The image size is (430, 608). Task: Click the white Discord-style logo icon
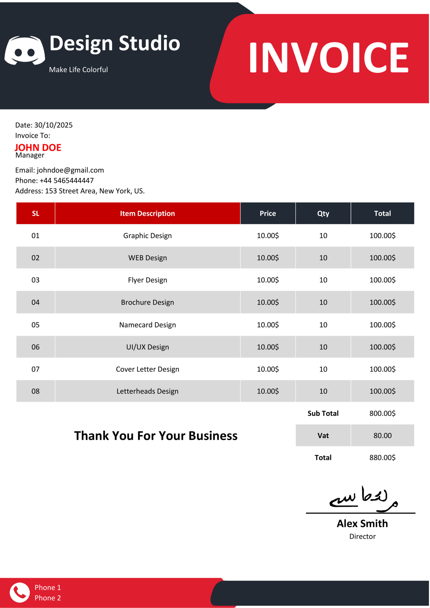(25, 50)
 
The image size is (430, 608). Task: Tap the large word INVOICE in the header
(329, 57)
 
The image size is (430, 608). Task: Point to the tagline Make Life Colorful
(78, 70)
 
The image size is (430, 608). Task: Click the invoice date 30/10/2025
(53, 125)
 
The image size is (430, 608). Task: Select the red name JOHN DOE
(38, 147)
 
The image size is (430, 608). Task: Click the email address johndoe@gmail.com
(70, 170)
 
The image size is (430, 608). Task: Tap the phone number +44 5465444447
(67, 180)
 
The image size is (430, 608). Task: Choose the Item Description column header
(147, 214)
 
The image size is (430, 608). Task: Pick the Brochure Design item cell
(147, 302)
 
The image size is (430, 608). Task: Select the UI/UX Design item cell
(147, 347)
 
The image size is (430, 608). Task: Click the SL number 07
(35, 369)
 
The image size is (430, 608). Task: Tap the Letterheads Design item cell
(147, 391)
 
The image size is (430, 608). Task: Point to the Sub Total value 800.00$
(382, 413)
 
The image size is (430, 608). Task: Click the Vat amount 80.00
(382, 436)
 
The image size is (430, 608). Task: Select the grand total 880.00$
(382, 458)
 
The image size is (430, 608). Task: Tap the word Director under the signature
(363, 537)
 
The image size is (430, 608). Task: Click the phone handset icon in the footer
(20, 592)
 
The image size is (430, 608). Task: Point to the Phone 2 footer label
(48, 598)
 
